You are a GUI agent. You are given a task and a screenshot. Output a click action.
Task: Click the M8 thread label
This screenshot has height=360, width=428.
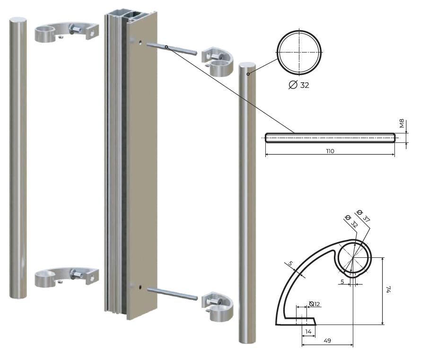point(402,123)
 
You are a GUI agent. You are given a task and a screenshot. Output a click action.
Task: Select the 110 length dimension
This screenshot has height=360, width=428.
point(330,151)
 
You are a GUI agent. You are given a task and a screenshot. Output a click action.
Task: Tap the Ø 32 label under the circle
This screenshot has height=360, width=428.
point(299,85)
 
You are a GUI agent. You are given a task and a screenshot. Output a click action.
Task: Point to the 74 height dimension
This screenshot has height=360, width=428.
point(389,290)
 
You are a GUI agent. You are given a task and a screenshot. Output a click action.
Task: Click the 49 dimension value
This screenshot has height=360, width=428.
point(327,341)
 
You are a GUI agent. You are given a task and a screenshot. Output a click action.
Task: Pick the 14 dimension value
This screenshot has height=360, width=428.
point(308,331)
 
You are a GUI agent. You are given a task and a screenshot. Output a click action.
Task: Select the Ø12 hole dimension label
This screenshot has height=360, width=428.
point(314,304)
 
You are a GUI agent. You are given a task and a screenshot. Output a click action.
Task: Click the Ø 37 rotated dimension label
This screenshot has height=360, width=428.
point(364,216)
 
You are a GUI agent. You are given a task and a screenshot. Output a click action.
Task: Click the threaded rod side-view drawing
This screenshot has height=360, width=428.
point(330,138)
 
